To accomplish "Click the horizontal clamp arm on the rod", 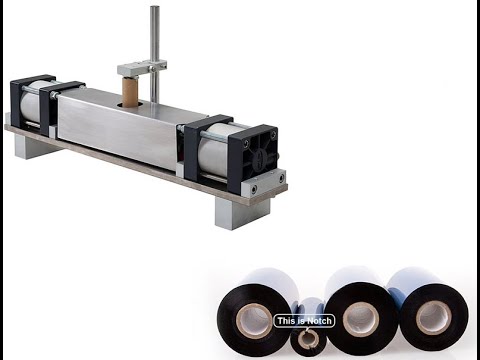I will tap(139, 69).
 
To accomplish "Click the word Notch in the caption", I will tap(319, 321).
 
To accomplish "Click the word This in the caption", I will tap(285, 321).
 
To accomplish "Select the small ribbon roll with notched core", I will tap(309, 338).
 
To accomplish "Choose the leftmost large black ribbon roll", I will tap(255, 321).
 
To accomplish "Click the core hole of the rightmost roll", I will tap(433, 317).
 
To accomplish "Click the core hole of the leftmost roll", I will tap(257, 322).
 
